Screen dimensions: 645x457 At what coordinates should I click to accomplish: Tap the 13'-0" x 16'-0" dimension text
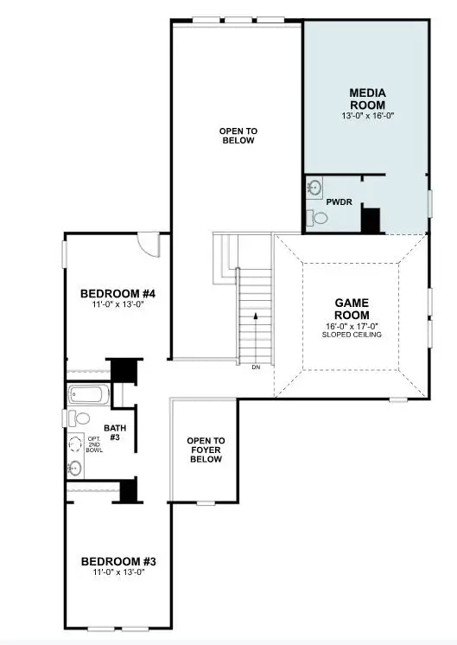point(367,115)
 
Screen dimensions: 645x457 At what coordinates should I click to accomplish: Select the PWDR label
point(338,201)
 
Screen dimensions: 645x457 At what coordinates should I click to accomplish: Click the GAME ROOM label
point(352,309)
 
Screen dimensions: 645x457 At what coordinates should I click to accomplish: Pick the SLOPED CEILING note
point(352,335)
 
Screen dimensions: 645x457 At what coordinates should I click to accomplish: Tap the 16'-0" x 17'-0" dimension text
point(352,326)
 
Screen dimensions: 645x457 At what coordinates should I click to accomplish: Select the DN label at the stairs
point(255,367)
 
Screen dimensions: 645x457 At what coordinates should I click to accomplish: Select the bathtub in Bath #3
point(87,396)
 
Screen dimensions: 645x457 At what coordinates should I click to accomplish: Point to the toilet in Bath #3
point(80,418)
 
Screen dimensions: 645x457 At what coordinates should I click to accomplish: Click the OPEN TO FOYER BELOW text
point(206,450)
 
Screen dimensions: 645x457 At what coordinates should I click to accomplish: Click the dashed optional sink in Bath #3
point(74,444)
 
